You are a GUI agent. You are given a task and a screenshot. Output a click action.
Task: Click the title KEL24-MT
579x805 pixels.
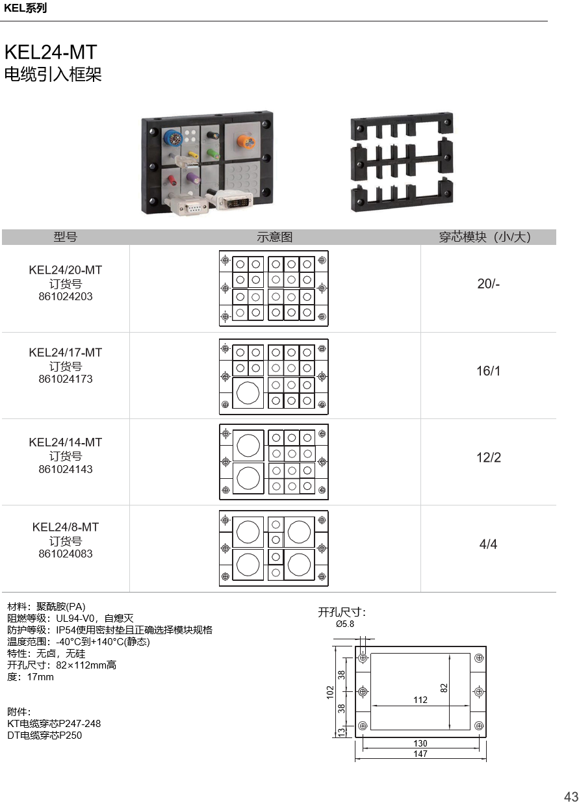click(x=51, y=52)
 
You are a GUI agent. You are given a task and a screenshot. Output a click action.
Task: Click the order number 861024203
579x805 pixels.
click(x=66, y=296)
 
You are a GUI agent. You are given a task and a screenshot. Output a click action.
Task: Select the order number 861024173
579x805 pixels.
click(x=66, y=379)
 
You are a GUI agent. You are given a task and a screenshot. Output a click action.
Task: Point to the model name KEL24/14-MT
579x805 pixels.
click(x=66, y=442)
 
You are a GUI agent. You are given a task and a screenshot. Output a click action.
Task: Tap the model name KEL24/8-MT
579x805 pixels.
click(x=66, y=527)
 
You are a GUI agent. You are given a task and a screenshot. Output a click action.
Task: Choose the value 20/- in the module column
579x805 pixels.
click(x=489, y=284)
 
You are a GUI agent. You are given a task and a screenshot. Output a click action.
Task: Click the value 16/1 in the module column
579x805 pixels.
click(x=489, y=371)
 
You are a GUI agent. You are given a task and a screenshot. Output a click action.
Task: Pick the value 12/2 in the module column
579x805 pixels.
click(x=489, y=457)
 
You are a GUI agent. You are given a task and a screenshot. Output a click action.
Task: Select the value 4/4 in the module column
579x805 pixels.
click(x=488, y=544)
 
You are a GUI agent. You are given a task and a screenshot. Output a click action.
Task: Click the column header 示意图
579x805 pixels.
click(x=275, y=237)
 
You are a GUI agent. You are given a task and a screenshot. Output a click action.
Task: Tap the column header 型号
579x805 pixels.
click(x=66, y=237)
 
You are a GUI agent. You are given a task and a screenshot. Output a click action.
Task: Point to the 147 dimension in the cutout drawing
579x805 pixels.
click(x=420, y=754)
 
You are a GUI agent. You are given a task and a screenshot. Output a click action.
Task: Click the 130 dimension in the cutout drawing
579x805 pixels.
click(x=420, y=743)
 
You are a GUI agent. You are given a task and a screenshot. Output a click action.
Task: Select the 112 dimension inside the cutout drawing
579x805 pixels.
click(x=420, y=700)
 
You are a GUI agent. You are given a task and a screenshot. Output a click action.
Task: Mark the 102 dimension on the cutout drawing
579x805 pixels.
click(x=330, y=693)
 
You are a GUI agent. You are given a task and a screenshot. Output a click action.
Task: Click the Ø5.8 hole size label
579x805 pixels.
click(x=345, y=624)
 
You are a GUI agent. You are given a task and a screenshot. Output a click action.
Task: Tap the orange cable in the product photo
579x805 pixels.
click(x=246, y=142)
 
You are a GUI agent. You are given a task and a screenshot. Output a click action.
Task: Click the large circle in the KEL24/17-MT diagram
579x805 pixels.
click(x=248, y=393)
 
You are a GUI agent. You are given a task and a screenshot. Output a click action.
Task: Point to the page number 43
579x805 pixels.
click(x=571, y=797)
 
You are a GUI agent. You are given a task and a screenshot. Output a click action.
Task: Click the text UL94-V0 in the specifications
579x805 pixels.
click(x=75, y=618)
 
